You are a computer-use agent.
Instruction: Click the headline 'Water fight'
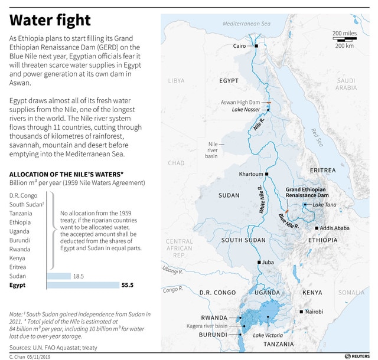click(x=50, y=21)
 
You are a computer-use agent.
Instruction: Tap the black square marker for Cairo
click(x=256, y=45)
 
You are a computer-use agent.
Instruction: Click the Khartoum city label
click(x=251, y=174)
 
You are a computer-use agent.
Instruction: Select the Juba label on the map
click(x=268, y=262)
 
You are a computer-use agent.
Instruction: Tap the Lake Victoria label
click(x=268, y=335)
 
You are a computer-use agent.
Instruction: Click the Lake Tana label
click(x=325, y=204)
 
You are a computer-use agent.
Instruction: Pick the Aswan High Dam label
click(x=240, y=102)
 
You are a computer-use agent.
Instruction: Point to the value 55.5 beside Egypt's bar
click(x=128, y=285)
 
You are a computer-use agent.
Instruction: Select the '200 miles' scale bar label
click(x=344, y=32)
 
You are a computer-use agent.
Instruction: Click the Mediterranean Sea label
click(x=246, y=24)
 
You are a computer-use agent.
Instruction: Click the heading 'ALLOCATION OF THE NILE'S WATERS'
click(x=66, y=174)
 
